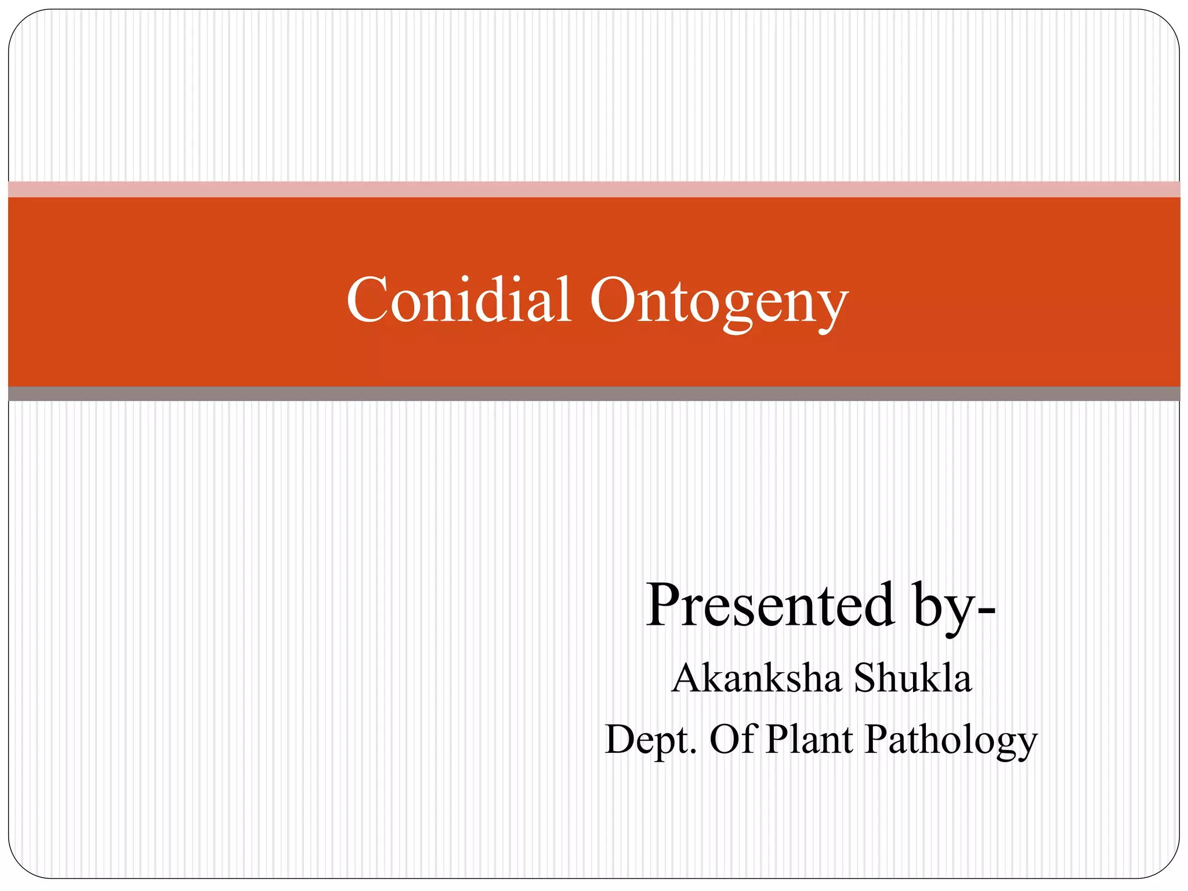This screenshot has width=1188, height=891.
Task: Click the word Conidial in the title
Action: pos(459,300)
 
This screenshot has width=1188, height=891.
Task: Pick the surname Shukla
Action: pos(912,678)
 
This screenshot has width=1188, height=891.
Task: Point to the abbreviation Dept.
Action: pos(649,740)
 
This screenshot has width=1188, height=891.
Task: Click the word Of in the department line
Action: pos(733,739)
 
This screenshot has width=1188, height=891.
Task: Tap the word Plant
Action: pos(809,739)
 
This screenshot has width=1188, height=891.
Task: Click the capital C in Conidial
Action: pos(367,300)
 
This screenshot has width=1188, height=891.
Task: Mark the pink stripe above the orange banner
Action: pos(594,189)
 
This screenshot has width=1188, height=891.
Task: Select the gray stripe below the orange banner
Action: pos(594,394)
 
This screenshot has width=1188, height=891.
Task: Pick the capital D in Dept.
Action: pos(622,739)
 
